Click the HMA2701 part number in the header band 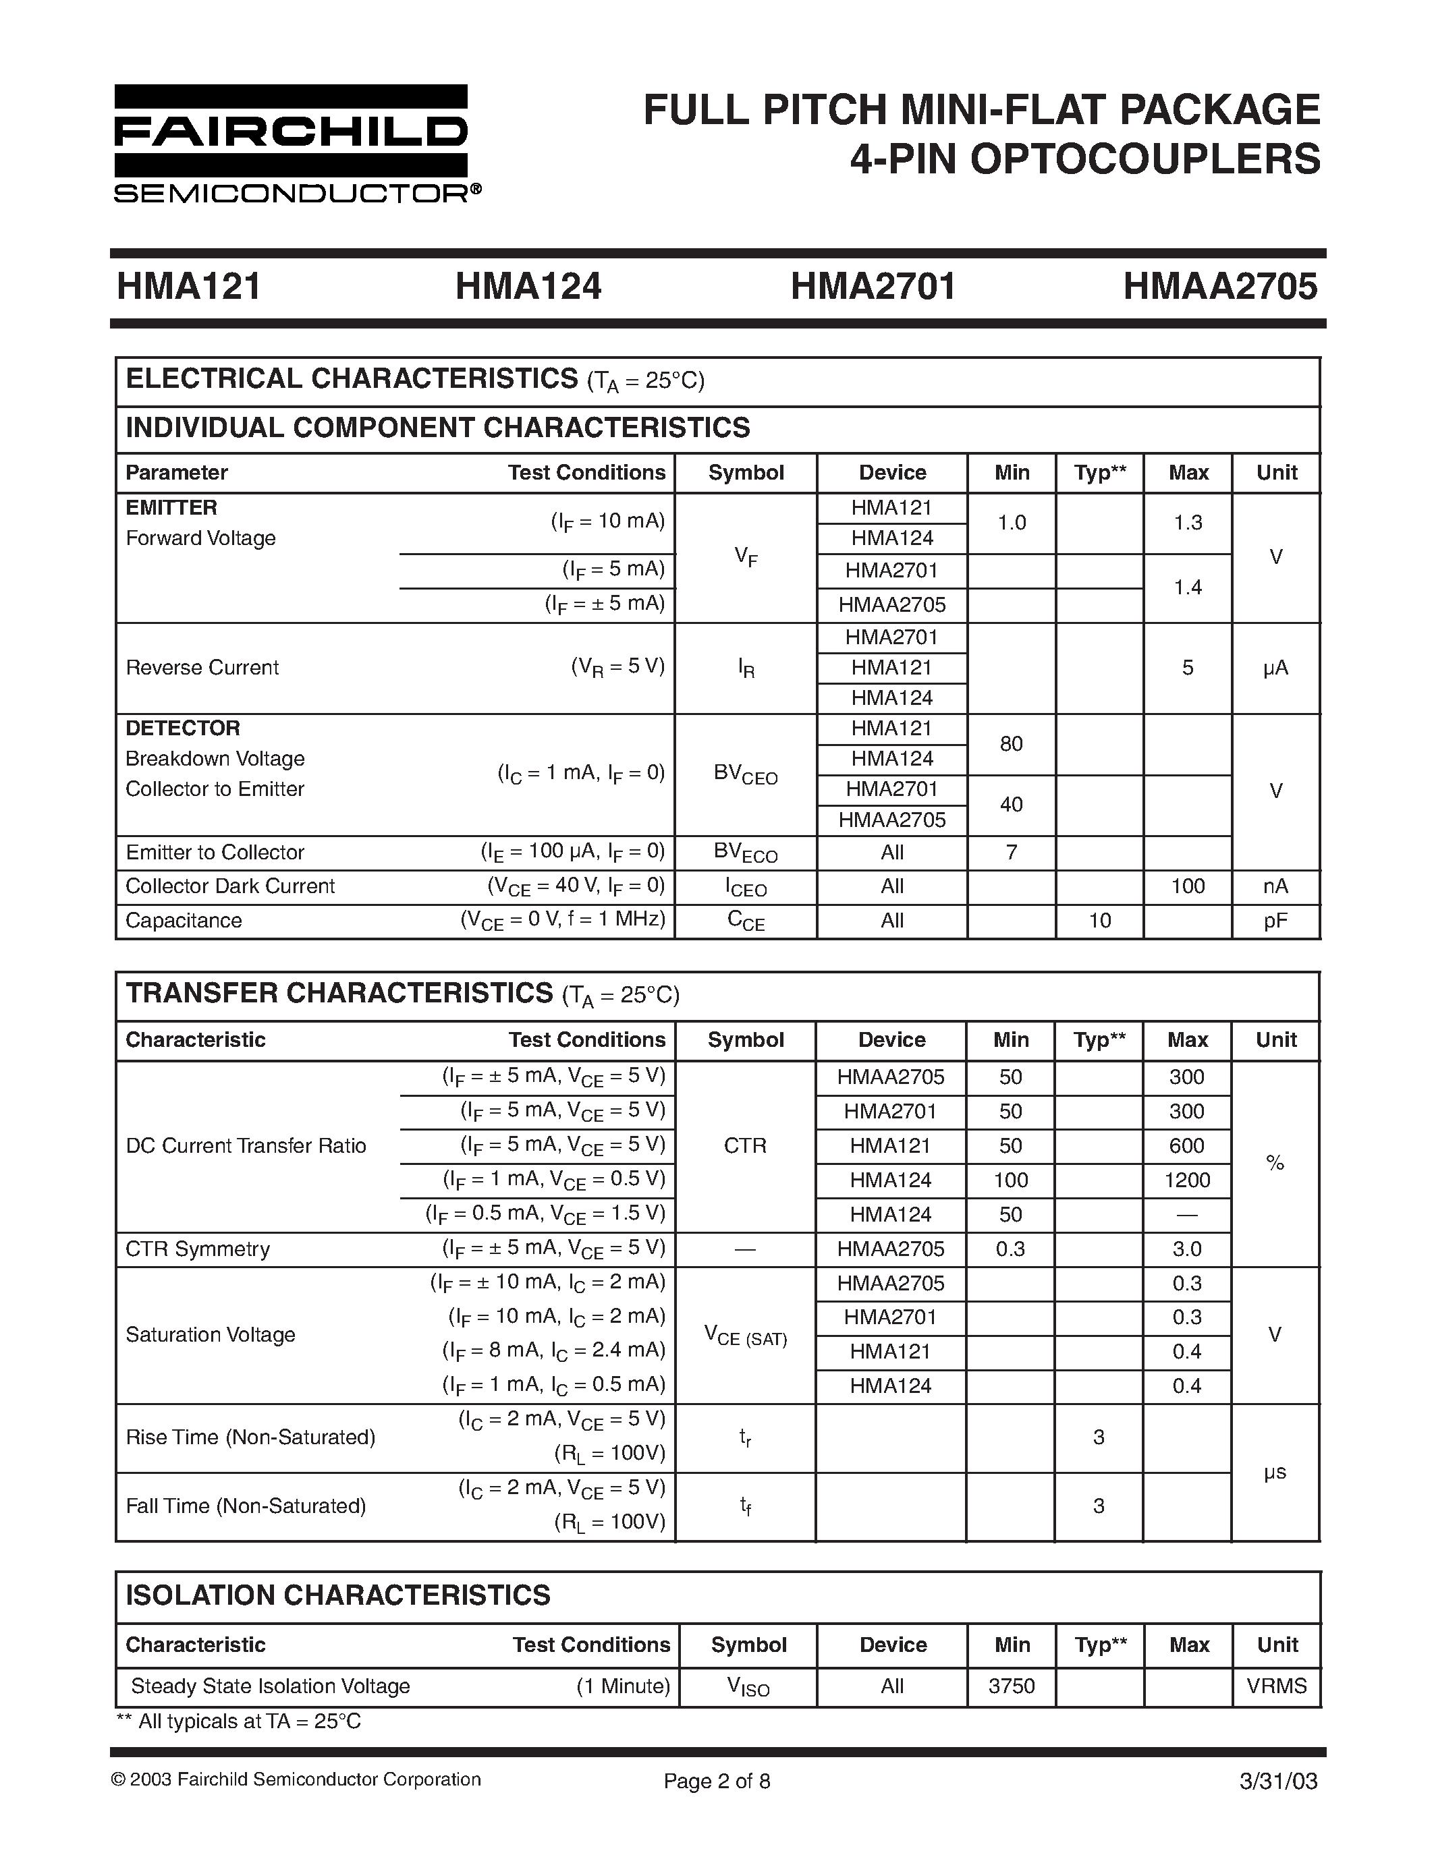(x=873, y=286)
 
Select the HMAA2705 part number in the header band (x=1220, y=286)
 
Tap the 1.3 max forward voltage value (x=1188, y=522)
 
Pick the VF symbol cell (x=746, y=557)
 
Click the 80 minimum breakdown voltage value (x=1011, y=744)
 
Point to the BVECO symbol (x=746, y=853)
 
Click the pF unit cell (x=1275, y=921)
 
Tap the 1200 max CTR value (x=1187, y=1180)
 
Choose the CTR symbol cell (x=745, y=1146)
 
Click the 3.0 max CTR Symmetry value (x=1187, y=1249)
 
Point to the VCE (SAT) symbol (x=745, y=1335)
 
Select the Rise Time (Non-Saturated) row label (x=250, y=1437)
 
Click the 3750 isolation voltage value (x=1011, y=1686)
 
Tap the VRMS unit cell (x=1276, y=1686)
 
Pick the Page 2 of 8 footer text (x=717, y=1781)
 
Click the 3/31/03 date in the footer (x=1279, y=1781)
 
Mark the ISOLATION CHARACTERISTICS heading (x=338, y=1595)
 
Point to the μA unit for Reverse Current (x=1275, y=668)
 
